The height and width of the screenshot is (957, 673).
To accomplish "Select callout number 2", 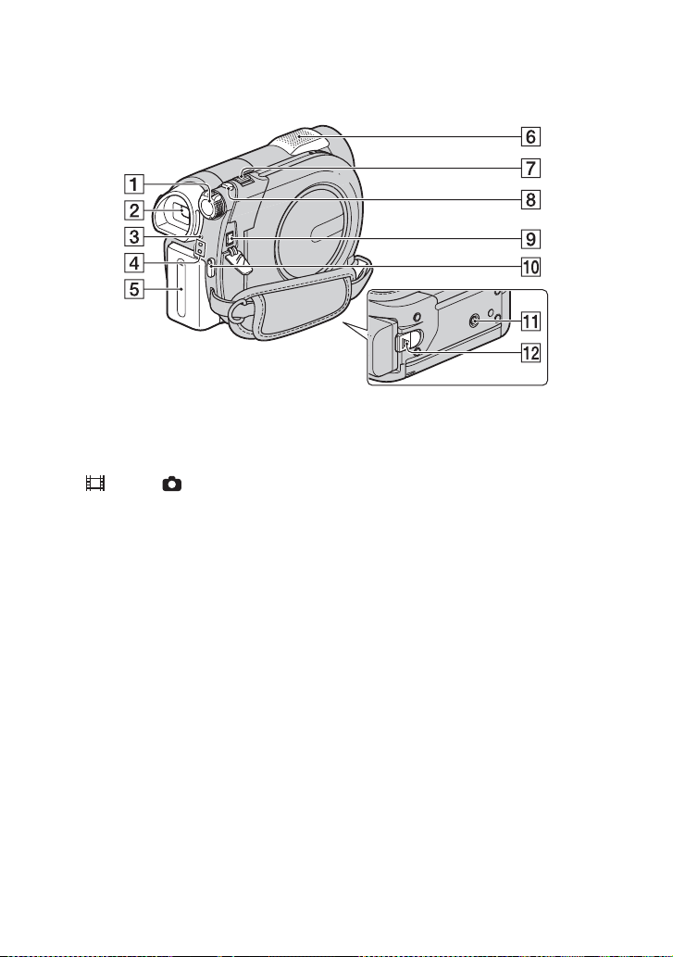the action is coord(136,210).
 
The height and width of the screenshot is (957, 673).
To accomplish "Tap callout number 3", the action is coord(136,235).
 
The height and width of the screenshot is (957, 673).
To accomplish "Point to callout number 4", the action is coord(136,262).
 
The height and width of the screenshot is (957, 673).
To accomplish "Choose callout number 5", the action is coord(136,288).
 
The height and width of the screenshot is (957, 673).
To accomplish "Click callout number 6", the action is coord(531,136).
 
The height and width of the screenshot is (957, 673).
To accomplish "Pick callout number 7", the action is coord(531,168).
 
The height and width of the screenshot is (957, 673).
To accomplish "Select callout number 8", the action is coord(531,199).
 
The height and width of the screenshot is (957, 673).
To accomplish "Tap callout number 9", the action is coord(531,238).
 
